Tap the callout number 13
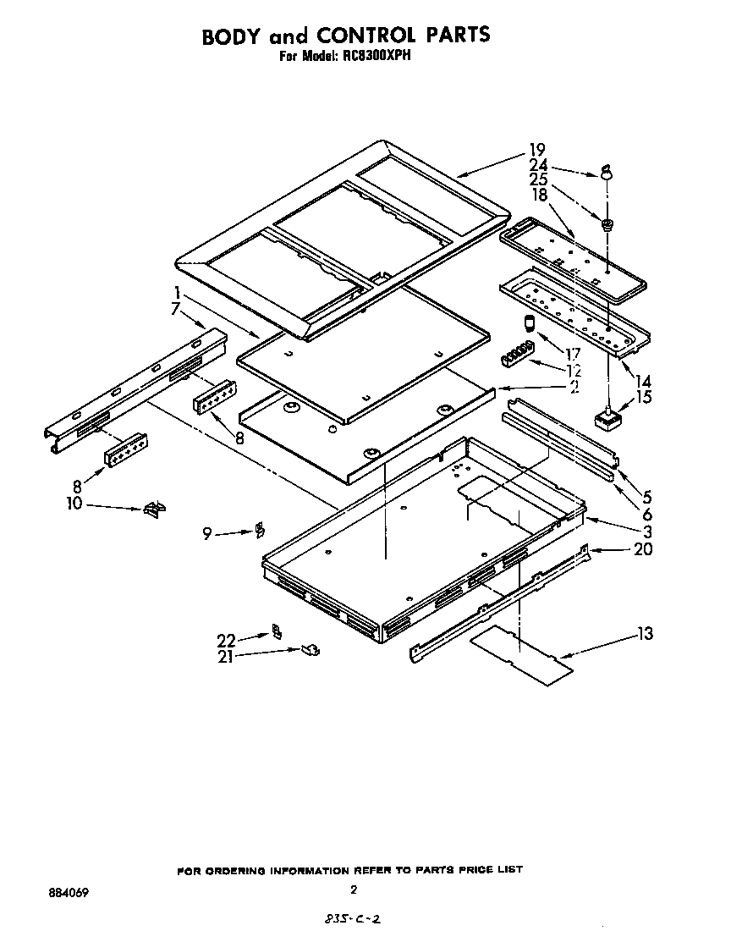[644, 634]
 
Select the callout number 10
[74, 504]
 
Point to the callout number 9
[206, 533]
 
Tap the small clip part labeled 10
[152, 508]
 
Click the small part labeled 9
[260, 531]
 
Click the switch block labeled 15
[608, 418]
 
